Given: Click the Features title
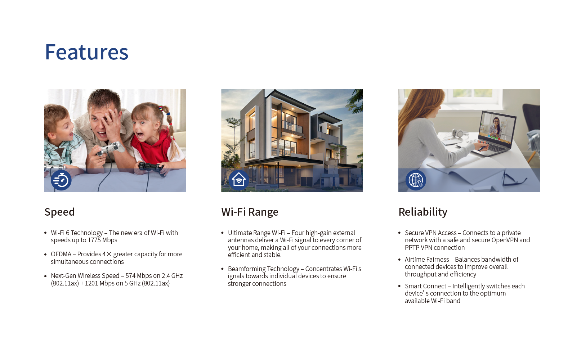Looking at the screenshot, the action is coord(87,52).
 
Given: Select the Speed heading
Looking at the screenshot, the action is coord(59,212).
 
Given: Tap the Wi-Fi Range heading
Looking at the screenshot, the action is coord(250,212).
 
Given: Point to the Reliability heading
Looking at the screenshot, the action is coord(423,212).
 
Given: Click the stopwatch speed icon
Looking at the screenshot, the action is coord(61,180).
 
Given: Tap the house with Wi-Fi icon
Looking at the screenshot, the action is coord(238,180).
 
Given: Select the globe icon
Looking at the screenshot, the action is coord(416,180).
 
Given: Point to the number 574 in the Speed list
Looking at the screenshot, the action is coord(130,275).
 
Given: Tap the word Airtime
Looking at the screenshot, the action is coord(414,260).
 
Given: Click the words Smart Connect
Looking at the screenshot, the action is coord(425,286).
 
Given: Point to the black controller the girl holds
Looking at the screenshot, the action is coord(151,167).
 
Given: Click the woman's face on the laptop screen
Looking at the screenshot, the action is coord(496,122).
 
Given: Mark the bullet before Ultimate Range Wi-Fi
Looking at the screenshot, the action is coord(223,233).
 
